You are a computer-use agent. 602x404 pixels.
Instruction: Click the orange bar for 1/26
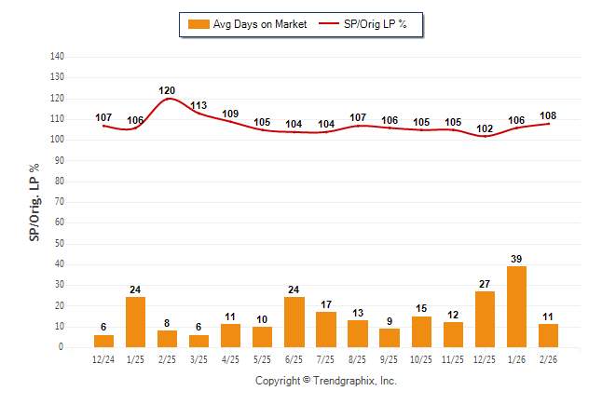516,307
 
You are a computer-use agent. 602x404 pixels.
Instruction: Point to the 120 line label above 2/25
167,90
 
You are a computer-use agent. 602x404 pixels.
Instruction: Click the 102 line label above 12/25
485,128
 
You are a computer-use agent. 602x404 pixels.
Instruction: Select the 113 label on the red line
198,105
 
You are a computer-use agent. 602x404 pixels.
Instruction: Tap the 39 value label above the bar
516,258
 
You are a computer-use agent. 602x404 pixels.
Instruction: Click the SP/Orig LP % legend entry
363,24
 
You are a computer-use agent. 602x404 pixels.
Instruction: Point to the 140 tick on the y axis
56,57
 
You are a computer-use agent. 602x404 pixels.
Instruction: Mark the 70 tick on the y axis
59,202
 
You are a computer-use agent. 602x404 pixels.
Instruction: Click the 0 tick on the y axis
62,347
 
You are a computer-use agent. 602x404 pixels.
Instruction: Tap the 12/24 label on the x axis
103,358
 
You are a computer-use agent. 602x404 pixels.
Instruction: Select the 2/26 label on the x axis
548,358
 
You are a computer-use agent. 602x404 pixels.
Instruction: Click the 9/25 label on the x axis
390,358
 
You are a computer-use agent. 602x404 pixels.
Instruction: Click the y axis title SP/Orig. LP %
34,202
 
